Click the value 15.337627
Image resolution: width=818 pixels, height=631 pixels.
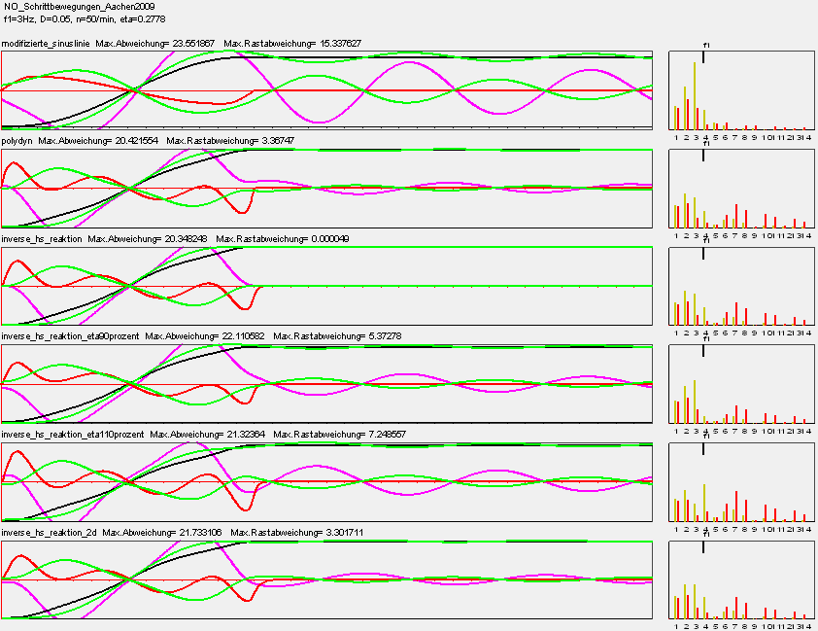(x=335, y=44)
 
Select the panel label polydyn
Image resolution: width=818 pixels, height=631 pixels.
(x=17, y=141)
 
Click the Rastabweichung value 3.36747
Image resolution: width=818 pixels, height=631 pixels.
(x=272, y=141)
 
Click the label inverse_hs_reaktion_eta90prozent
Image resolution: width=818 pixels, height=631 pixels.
(x=71, y=336)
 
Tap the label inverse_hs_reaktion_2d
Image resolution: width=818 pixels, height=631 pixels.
(x=50, y=532)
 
